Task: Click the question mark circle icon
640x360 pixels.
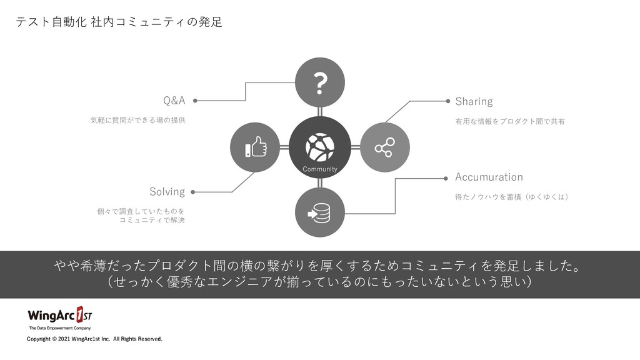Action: [x=320, y=82]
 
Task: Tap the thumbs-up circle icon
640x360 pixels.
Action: [x=256, y=148]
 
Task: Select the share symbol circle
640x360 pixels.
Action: [x=384, y=148]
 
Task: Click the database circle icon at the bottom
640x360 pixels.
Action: [x=320, y=213]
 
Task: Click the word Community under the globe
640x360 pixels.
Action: [x=320, y=169]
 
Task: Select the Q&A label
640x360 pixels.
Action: [x=174, y=101]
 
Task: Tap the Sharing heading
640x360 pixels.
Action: [x=474, y=101]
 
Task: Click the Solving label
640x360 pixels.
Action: [x=167, y=191]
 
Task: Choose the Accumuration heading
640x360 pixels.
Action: [x=489, y=177]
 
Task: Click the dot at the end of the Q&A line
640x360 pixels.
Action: [x=196, y=100]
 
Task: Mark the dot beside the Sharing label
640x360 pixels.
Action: [x=448, y=100]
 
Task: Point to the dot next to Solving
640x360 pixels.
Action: [x=192, y=192]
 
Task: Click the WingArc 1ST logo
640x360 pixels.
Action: [x=60, y=314]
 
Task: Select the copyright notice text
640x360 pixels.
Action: [x=94, y=339]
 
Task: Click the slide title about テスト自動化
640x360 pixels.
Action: [x=119, y=22]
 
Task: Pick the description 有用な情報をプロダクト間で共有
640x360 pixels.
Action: [x=510, y=121]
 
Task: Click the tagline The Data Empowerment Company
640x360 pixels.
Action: [x=60, y=328]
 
